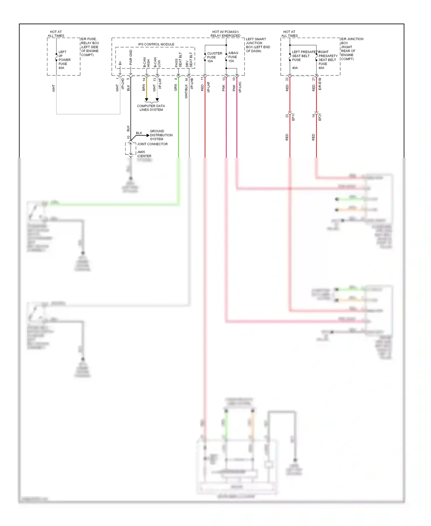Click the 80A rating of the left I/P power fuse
click(61, 68)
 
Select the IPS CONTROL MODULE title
click(156, 44)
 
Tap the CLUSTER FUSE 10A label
click(214, 57)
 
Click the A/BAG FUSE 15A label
click(233, 57)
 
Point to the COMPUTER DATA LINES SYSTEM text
click(151, 108)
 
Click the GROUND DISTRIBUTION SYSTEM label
click(161, 135)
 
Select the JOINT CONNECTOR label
click(152, 144)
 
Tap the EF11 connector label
click(293, 117)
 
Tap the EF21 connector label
click(320, 117)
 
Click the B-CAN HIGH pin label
click(147, 62)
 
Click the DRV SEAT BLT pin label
click(189, 60)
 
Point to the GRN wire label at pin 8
click(176, 88)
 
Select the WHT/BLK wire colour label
click(186, 91)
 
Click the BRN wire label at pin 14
click(144, 88)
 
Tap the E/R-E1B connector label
click(320, 84)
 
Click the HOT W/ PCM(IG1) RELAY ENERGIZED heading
click(226, 34)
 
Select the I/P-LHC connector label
click(240, 87)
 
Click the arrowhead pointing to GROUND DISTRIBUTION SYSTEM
click(148, 135)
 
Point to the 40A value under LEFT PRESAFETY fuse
click(295, 68)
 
